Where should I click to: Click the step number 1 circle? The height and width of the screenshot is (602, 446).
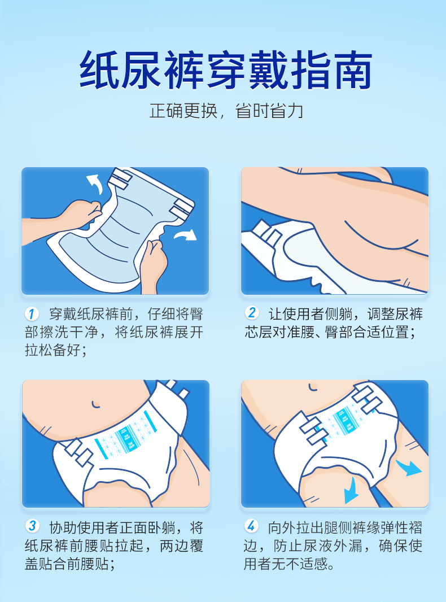(32, 314)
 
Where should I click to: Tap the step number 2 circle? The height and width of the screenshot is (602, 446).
(252, 313)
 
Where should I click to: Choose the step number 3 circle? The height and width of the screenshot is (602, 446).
(32, 526)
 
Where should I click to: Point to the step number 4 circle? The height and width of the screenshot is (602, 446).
(251, 526)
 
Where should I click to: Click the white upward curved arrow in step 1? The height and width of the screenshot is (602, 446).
(95, 184)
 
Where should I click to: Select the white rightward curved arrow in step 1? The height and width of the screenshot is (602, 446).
(186, 234)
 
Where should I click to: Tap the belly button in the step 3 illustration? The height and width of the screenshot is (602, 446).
(95, 404)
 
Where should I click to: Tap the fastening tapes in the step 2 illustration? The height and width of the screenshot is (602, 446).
(266, 233)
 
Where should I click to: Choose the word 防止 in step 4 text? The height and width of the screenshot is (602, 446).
(288, 546)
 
